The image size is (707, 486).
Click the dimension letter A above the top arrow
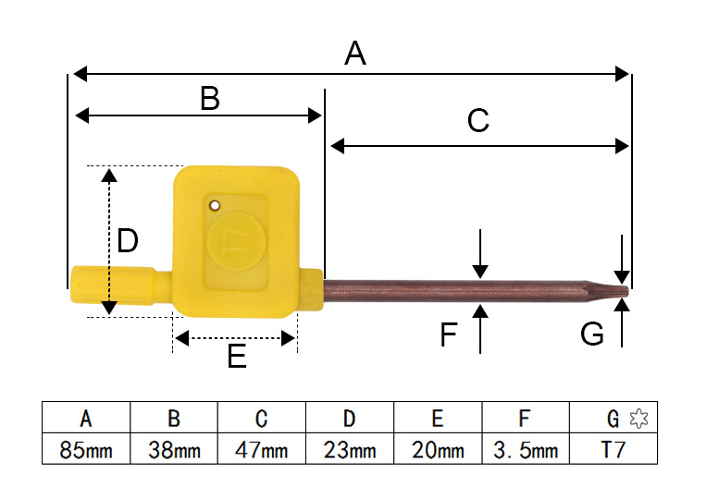pyautogui.click(x=354, y=53)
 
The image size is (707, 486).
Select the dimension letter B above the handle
pyautogui.click(x=210, y=99)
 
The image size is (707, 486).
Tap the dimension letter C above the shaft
pyautogui.click(x=478, y=120)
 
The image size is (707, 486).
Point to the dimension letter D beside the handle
pyautogui.click(x=127, y=241)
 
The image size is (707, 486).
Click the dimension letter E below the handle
pyautogui.click(x=237, y=356)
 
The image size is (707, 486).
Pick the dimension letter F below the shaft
pyautogui.click(x=449, y=334)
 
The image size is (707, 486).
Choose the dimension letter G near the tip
pyautogui.click(x=591, y=334)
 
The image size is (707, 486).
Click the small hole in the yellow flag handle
pyautogui.click(x=215, y=206)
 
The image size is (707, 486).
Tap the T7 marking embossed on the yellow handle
pyautogui.click(x=235, y=242)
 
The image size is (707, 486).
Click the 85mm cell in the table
pyautogui.click(x=86, y=449)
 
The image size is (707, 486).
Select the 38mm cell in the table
pyautogui.click(x=174, y=449)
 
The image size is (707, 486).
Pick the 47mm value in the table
pyautogui.click(x=262, y=450)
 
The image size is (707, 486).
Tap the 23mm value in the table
pyautogui.click(x=350, y=450)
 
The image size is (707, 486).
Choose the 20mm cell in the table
pyautogui.click(x=438, y=449)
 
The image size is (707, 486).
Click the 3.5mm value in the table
pyautogui.click(x=526, y=450)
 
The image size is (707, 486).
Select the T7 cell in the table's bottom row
pyautogui.click(x=614, y=449)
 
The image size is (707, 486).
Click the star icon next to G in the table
pyautogui.click(x=639, y=419)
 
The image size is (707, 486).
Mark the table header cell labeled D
pyautogui.click(x=350, y=418)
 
